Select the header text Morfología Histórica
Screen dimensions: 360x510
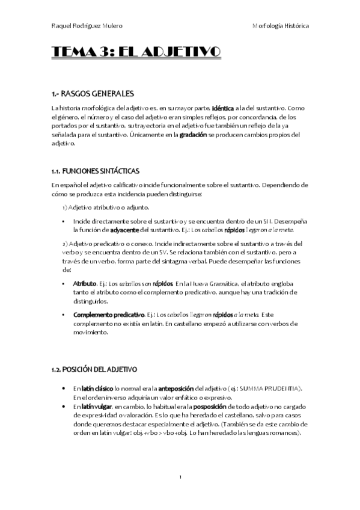pyautogui.click(x=281, y=26)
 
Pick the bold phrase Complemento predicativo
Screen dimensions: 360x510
pyautogui.click(x=109, y=315)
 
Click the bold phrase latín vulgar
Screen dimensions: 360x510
pyautogui.click(x=97, y=407)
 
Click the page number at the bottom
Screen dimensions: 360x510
pyautogui.click(x=180, y=477)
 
